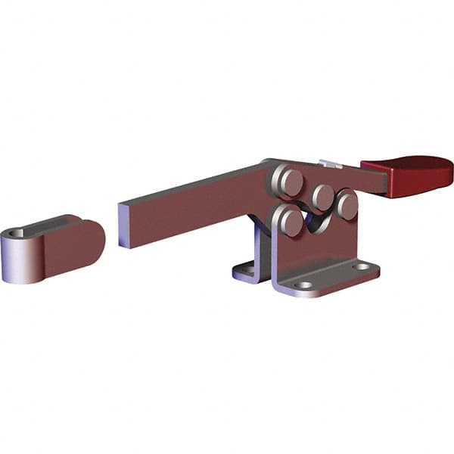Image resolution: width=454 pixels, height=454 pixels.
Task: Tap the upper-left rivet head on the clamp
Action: click(x=288, y=182)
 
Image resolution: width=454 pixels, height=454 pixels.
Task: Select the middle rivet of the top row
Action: click(x=323, y=197)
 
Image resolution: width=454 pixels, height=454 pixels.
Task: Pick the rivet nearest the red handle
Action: click(x=347, y=204)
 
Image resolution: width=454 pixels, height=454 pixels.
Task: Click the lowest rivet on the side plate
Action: click(x=291, y=220)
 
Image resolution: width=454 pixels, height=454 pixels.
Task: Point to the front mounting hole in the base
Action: click(x=304, y=285)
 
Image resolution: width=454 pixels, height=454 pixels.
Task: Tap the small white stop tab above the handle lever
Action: click(x=330, y=163)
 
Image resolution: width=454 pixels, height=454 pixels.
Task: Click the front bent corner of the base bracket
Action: click(x=277, y=285)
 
